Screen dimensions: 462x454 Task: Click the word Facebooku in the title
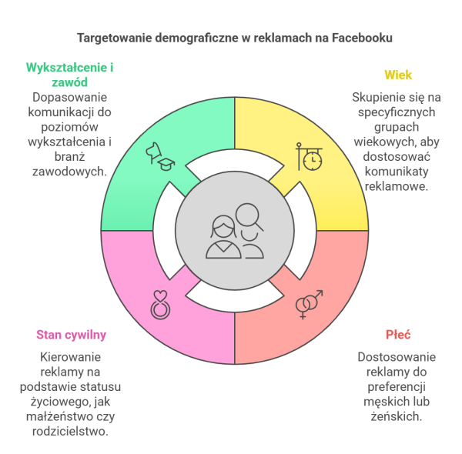click(362, 38)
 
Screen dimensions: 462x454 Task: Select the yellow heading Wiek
click(398, 75)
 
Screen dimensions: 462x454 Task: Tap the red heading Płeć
click(398, 335)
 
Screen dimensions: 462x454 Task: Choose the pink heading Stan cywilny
click(71, 335)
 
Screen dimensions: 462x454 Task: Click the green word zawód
click(70, 82)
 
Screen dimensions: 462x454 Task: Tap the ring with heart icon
click(160, 305)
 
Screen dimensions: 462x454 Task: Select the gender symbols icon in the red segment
click(309, 305)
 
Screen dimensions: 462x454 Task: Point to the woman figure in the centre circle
click(223, 237)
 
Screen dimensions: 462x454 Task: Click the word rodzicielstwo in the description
click(70, 432)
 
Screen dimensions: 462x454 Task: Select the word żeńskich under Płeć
click(397, 416)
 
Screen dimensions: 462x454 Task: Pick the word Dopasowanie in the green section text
click(69, 97)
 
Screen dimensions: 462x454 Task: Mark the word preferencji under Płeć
click(397, 387)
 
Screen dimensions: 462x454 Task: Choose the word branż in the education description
click(70, 156)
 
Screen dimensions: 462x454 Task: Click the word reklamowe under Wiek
click(397, 186)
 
